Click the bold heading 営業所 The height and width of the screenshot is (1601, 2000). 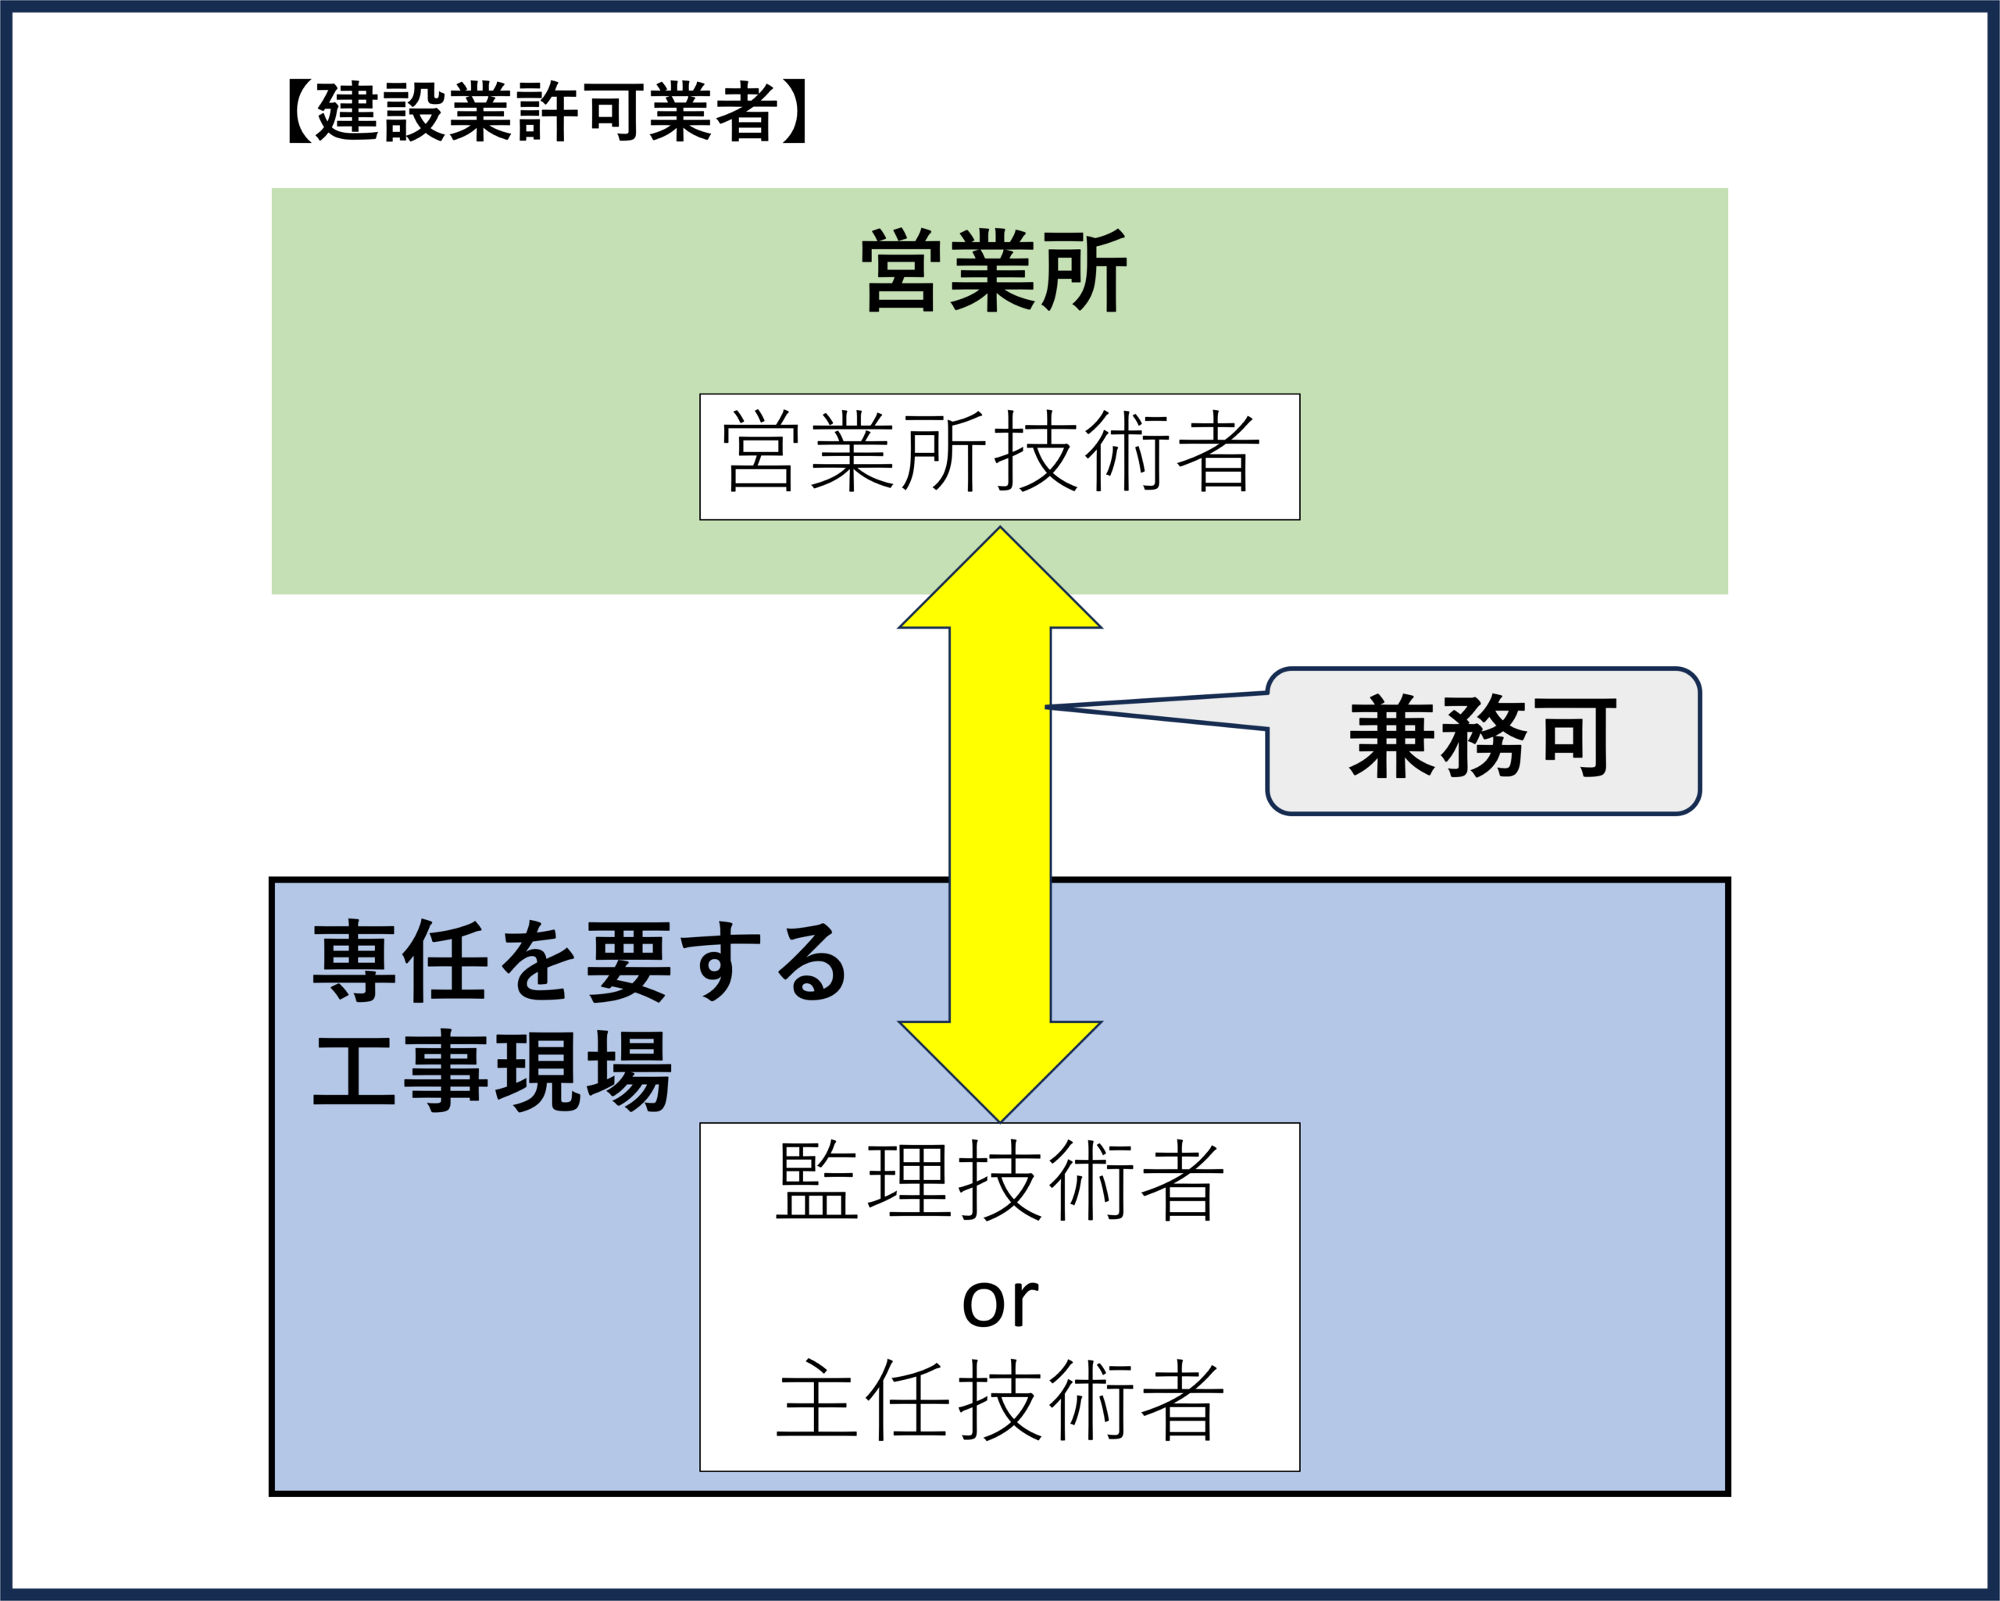coord(994,272)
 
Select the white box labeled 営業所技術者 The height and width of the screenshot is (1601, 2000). coord(999,456)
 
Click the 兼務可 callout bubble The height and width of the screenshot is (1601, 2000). coord(1482,740)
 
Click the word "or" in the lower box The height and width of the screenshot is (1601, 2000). coord(999,1301)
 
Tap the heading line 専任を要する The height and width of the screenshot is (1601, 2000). coord(580,963)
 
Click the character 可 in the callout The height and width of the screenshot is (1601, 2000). coord(1574,738)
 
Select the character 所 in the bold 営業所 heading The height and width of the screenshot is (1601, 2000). coord(1083,272)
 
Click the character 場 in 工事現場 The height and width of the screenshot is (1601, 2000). coord(628,1071)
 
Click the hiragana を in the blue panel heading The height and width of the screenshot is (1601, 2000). coord(537,963)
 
